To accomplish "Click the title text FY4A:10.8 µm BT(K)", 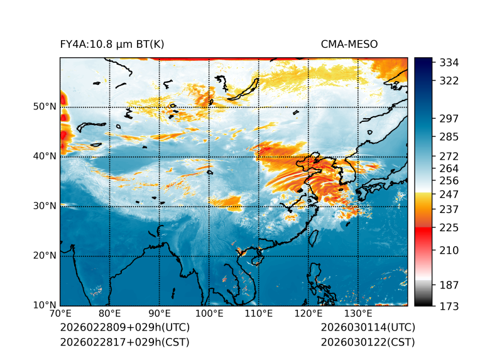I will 112,44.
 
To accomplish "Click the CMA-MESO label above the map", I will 349,44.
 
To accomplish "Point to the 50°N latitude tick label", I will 45,107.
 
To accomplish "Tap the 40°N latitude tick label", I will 45,156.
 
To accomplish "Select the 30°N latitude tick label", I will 45,206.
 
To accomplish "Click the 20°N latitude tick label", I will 45,256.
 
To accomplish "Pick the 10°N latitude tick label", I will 45,305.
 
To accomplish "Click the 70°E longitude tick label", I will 60,314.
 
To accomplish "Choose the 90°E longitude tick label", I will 160,314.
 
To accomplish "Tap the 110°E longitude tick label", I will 259,314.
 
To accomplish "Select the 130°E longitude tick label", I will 358,314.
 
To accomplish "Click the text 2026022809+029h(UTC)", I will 124,328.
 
